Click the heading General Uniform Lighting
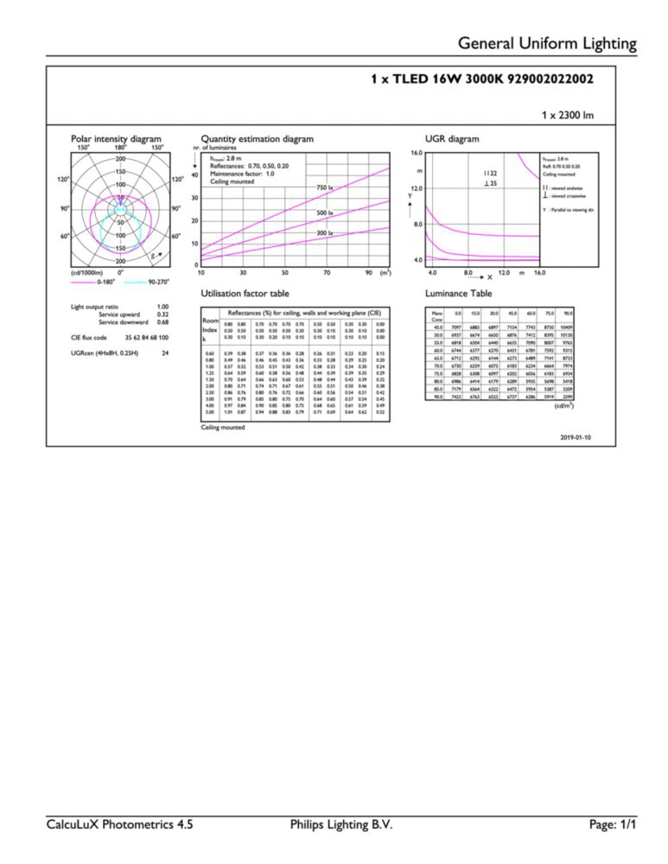547,43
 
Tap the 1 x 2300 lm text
567,115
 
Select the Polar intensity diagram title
116,138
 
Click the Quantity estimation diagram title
257,138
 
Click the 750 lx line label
325,187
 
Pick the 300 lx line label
325,233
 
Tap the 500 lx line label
325,212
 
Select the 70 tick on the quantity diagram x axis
327,273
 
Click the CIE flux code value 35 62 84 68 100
144,337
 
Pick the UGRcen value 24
164,353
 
